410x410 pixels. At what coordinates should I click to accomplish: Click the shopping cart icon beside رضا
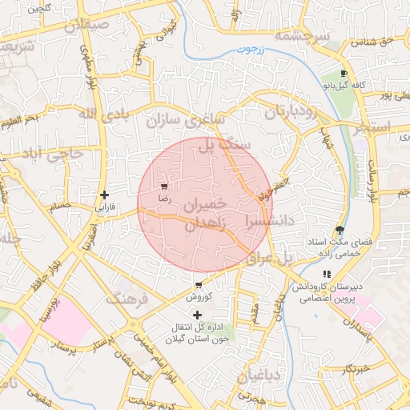click(165, 185)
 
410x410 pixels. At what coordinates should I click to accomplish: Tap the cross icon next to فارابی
click(104, 195)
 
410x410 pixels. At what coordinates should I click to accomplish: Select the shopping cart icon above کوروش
click(198, 285)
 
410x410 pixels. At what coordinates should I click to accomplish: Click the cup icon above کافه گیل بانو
click(344, 74)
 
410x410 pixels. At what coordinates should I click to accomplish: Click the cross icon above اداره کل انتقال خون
click(198, 315)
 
